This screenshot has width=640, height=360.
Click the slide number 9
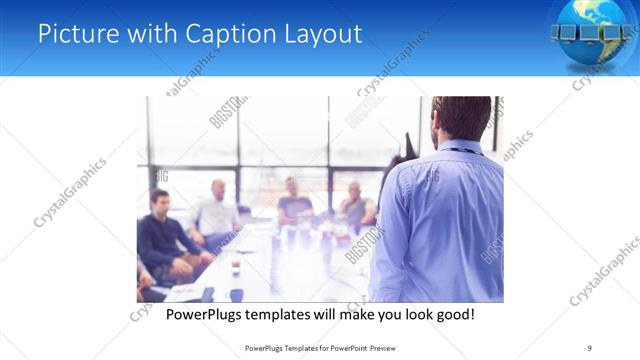point(589,347)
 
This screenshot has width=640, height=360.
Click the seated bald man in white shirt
point(218,212)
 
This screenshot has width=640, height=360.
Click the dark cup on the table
point(235,267)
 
